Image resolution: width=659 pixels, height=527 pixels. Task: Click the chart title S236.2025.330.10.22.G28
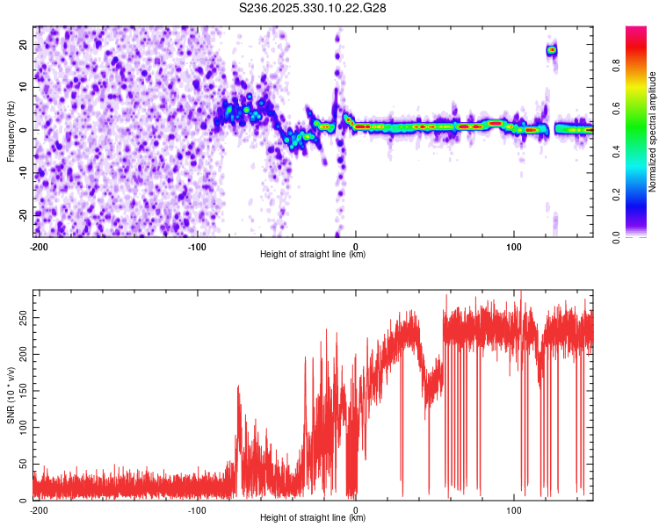pos(314,8)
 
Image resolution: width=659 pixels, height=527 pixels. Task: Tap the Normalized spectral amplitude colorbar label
pos(653,132)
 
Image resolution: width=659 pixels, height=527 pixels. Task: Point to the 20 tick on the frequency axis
pos(24,45)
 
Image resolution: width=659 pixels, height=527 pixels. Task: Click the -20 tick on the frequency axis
pos(22,215)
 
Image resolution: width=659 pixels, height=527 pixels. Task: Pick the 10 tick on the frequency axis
pos(24,87)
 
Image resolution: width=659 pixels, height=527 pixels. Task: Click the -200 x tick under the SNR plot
pos(39,509)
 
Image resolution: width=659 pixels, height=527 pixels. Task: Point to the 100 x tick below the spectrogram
pos(514,246)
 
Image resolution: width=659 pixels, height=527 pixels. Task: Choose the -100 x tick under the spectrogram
pos(197,246)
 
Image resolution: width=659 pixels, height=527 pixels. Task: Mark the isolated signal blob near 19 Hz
pos(552,50)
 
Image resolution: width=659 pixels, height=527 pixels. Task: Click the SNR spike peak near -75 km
pos(238,386)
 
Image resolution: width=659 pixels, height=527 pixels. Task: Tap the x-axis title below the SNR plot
pos(313,518)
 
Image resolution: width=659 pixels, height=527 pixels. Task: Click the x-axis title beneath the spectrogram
pos(313,255)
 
